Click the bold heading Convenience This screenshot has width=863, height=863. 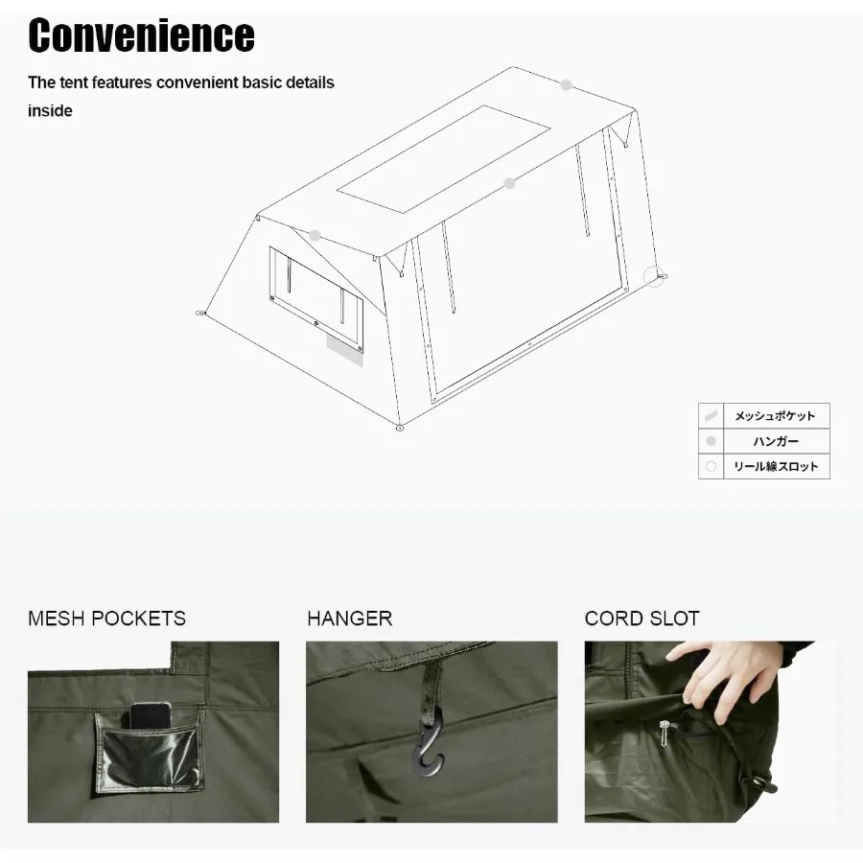(141, 35)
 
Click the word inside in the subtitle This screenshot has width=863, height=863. (50, 110)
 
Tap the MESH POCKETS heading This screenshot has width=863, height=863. (106, 618)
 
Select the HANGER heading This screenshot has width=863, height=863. (349, 618)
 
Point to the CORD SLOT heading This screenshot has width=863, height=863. (641, 618)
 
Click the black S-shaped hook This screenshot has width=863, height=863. (428, 748)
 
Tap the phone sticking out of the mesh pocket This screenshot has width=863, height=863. (151, 715)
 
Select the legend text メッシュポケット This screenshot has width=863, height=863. (775, 416)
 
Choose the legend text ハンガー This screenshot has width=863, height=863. (775, 441)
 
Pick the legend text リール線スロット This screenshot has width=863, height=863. (775, 466)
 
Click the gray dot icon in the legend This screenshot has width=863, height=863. (711, 441)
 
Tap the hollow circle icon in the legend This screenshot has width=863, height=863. (711, 466)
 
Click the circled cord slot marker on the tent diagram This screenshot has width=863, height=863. (655, 276)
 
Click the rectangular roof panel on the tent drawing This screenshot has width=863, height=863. (442, 158)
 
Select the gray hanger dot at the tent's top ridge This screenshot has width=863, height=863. (567, 85)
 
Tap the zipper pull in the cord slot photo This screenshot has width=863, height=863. (664, 733)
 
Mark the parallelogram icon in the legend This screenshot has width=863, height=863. (711, 416)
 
